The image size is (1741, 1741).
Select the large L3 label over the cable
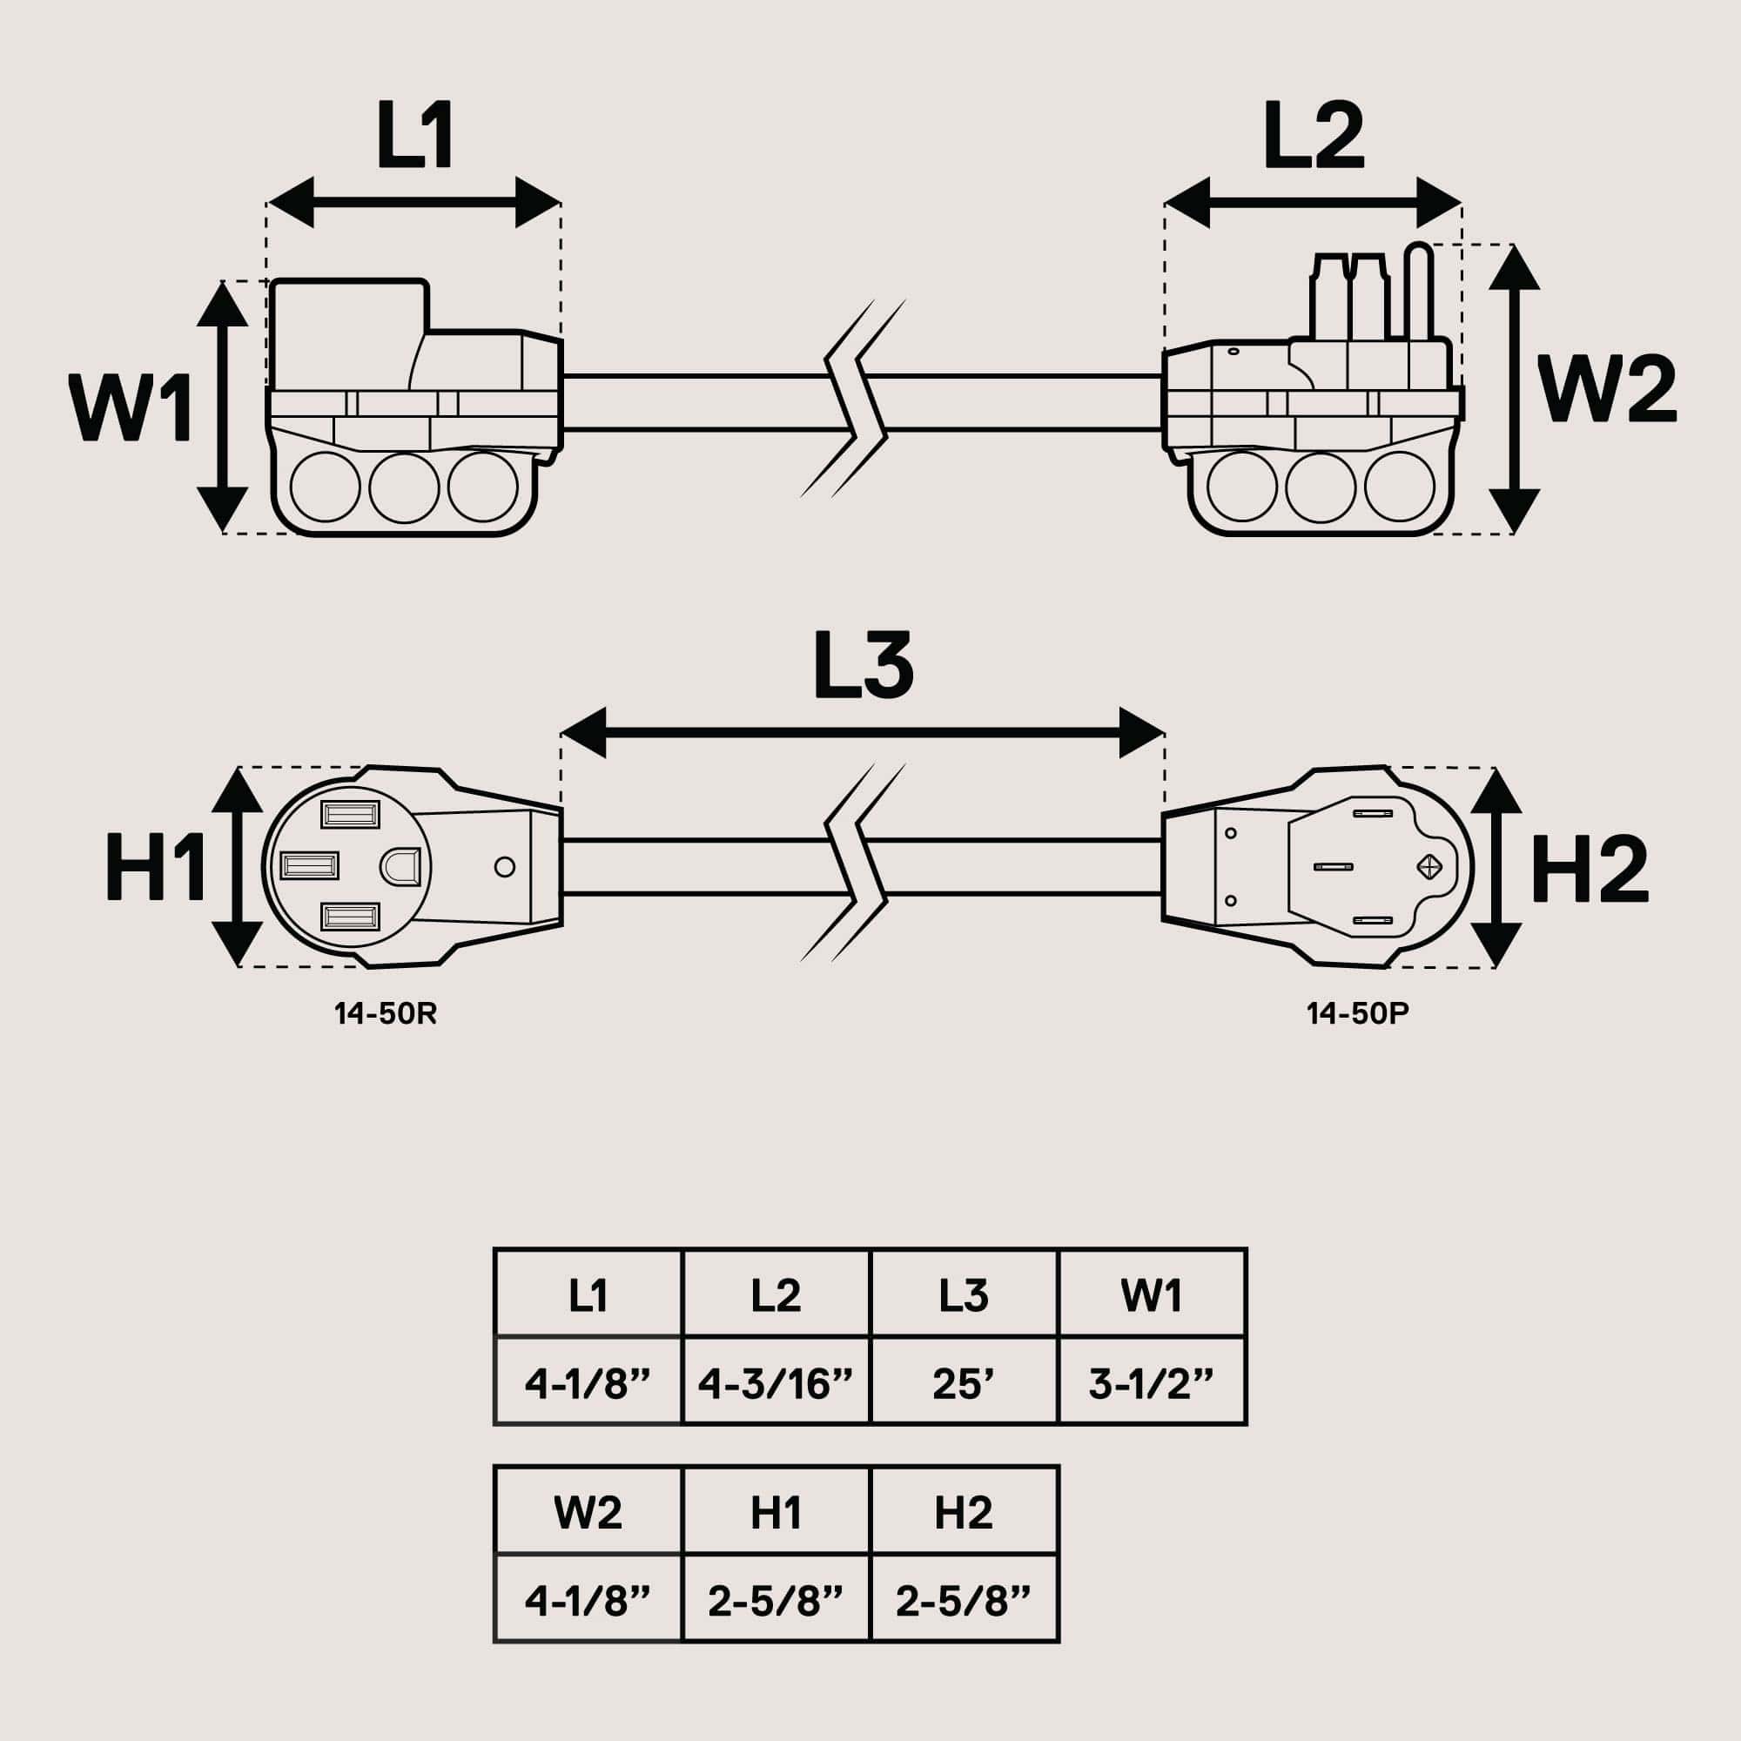click(x=863, y=666)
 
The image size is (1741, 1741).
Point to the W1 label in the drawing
click(x=131, y=408)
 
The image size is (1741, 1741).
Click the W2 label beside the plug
click(x=1606, y=389)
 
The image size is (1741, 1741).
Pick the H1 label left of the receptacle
click(x=155, y=867)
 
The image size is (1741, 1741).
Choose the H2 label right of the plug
click(x=1590, y=869)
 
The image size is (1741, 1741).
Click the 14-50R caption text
click(x=385, y=1014)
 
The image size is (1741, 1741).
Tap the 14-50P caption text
click(x=1357, y=1014)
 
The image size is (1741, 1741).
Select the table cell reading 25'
click(x=964, y=1385)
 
